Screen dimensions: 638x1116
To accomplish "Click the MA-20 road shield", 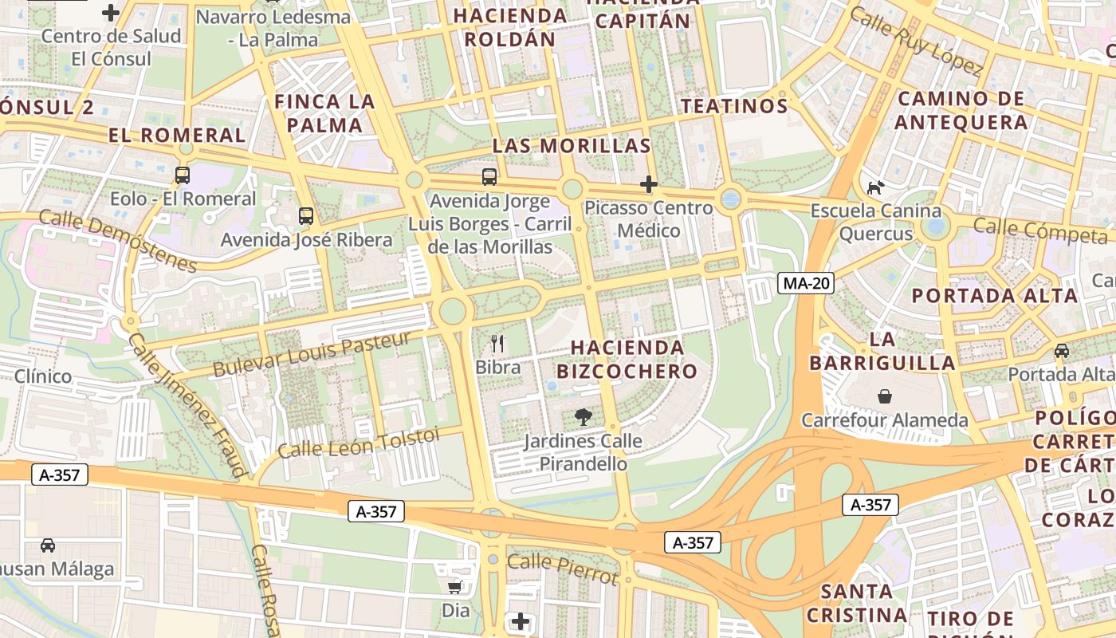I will pyautogui.click(x=806, y=283).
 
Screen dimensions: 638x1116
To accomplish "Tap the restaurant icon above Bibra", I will pyautogui.click(x=498, y=344).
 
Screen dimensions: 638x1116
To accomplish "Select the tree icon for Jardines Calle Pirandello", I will pyautogui.click(x=584, y=417).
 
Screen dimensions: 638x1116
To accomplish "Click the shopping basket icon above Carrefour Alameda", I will pyautogui.click(x=885, y=396).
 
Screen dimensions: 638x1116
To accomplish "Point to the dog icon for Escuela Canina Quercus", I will pyautogui.click(x=875, y=188).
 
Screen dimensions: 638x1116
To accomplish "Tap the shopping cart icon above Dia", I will pyautogui.click(x=455, y=588).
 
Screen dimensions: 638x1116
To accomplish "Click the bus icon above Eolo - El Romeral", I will pyautogui.click(x=183, y=175).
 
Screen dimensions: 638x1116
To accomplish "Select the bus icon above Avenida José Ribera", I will pyautogui.click(x=305, y=215).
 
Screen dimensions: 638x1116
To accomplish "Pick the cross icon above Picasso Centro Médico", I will pyautogui.click(x=649, y=185).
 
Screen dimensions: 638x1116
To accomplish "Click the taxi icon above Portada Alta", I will pyautogui.click(x=1062, y=351).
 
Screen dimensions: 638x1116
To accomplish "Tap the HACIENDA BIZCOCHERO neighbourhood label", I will pyautogui.click(x=627, y=359).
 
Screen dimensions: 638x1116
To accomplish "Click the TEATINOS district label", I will pyautogui.click(x=734, y=106).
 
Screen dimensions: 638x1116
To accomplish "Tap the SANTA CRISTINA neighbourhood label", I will pyautogui.click(x=856, y=603).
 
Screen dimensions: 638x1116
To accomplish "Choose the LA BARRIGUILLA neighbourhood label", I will pyautogui.click(x=882, y=351).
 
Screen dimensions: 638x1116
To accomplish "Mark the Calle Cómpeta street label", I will pyautogui.click(x=1039, y=231).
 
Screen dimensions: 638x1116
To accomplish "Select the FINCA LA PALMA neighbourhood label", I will pyautogui.click(x=324, y=113).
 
